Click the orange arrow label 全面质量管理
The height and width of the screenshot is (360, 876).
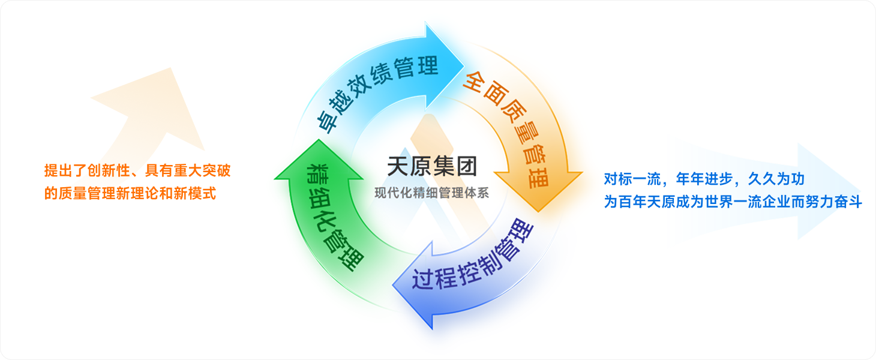tap(509, 128)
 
